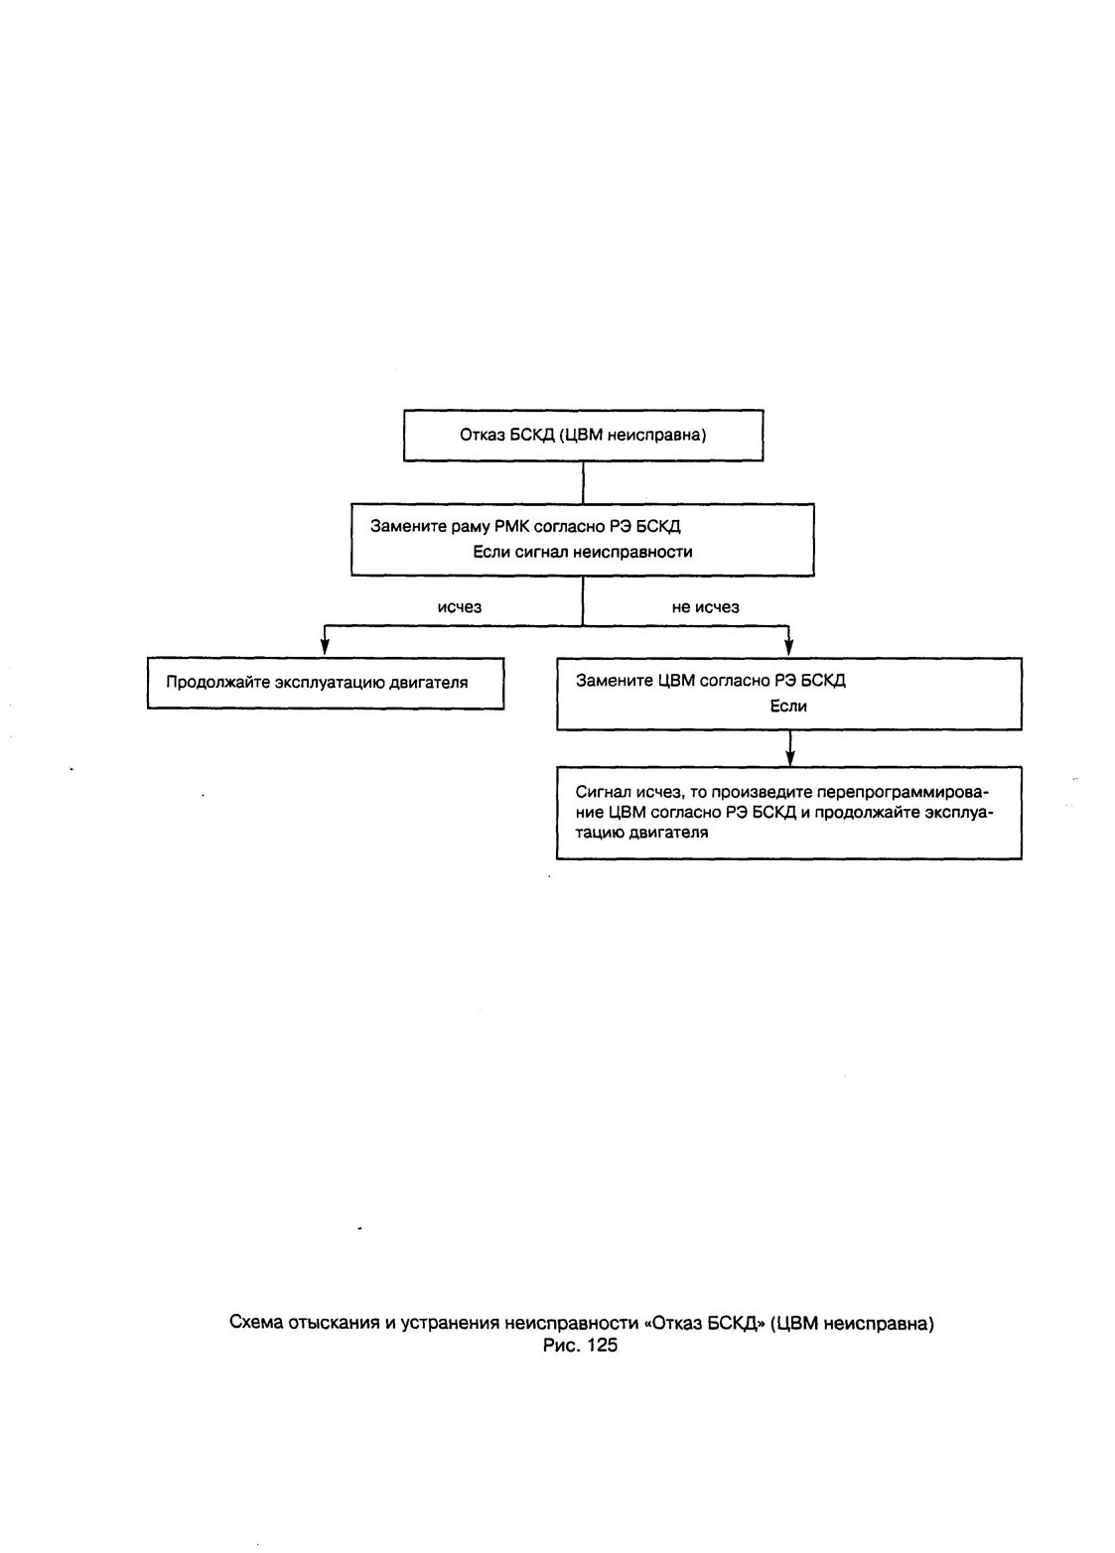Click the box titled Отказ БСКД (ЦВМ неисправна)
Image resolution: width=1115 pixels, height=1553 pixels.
(x=583, y=435)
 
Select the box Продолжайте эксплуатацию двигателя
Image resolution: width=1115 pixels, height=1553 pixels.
(x=326, y=683)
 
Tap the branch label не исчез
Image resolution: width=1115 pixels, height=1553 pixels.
(x=705, y=607)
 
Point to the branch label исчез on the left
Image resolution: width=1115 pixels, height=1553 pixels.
(x=459, y=607)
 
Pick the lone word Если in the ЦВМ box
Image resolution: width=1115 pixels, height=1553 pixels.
(x=788, y=707)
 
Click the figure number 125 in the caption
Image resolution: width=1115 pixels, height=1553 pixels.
(x=602, y=1346)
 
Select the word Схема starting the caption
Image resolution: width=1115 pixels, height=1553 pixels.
(x=256, y=1323)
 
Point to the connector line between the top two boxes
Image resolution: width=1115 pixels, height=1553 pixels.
(x=583, y=482)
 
